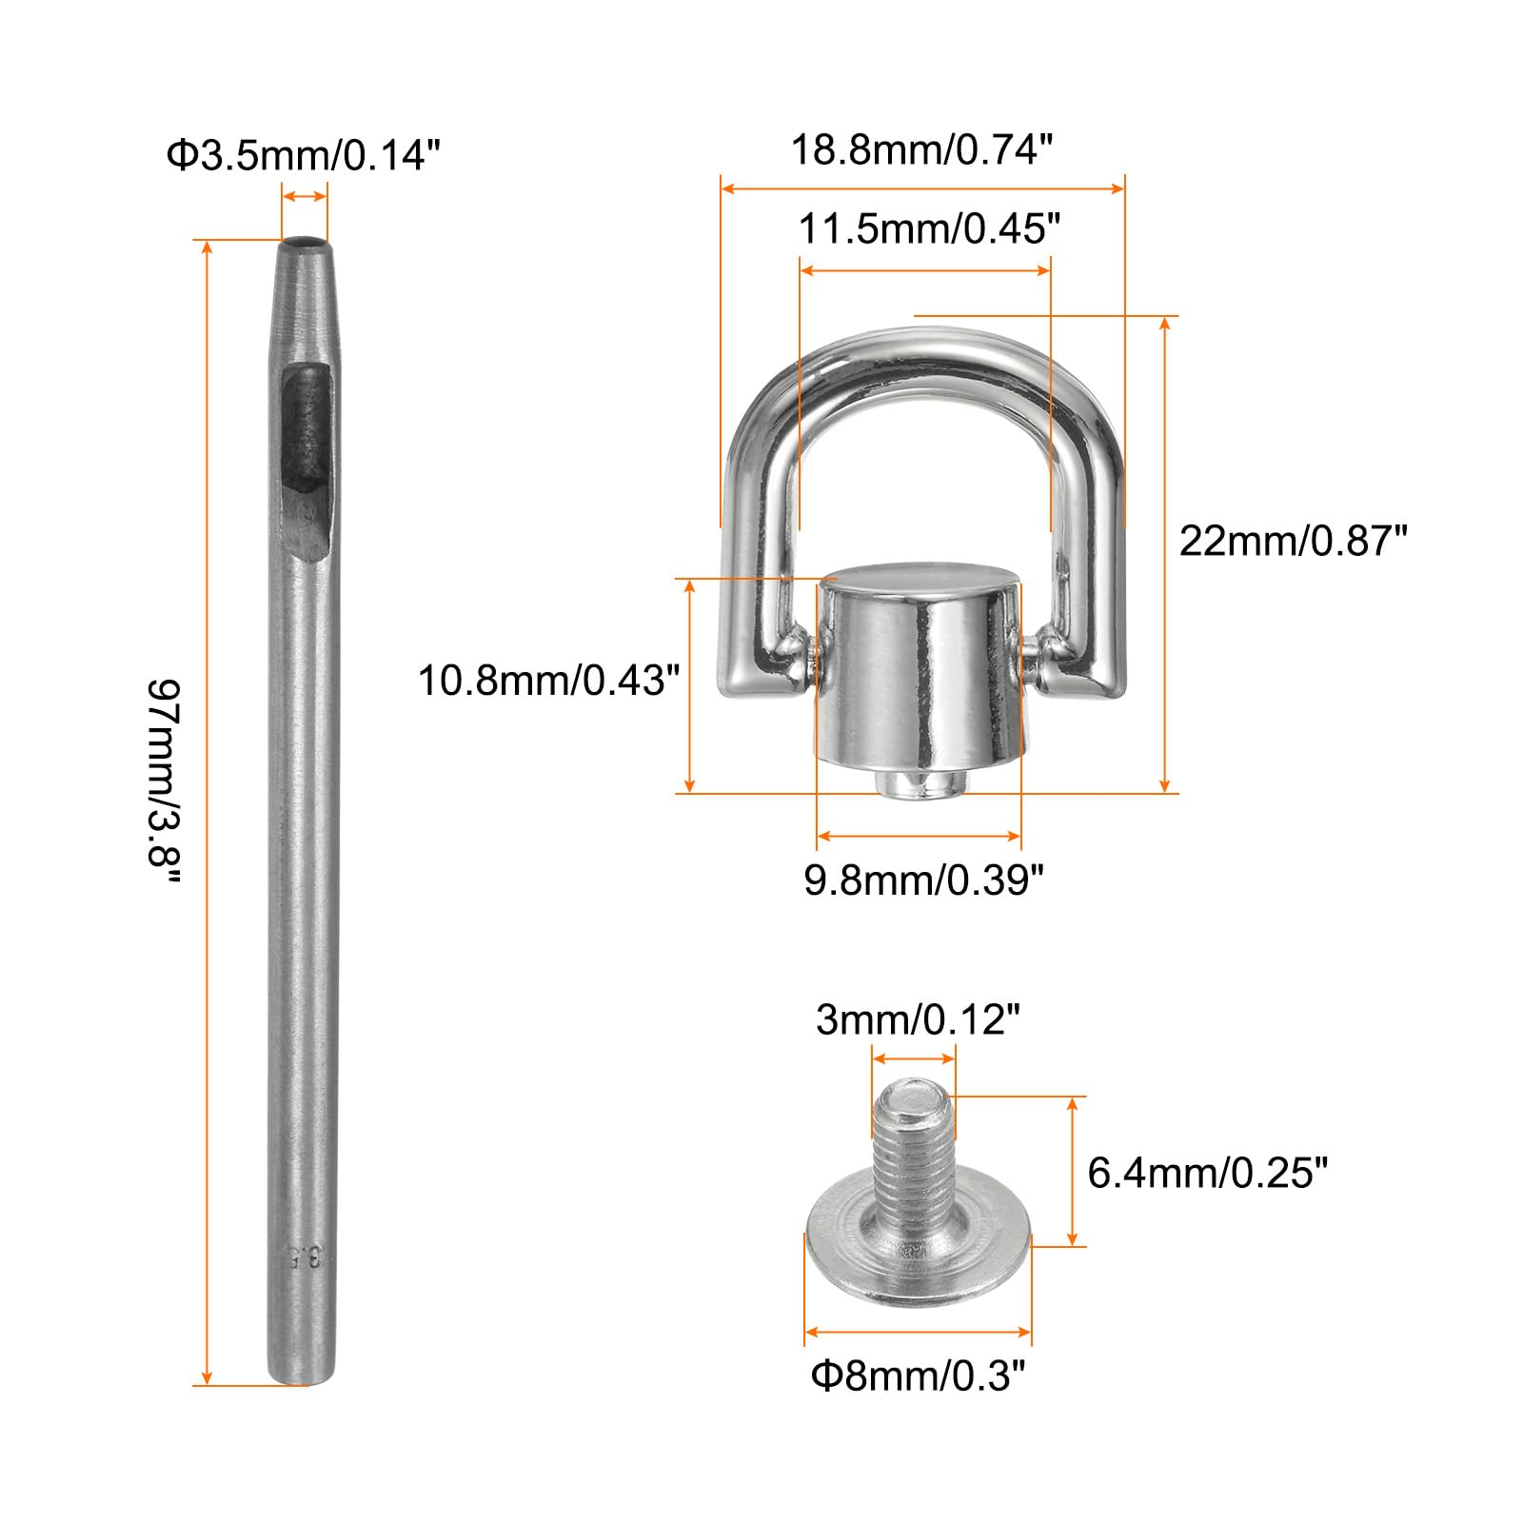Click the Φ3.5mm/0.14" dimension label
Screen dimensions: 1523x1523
303,155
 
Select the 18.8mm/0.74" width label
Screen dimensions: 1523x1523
921,149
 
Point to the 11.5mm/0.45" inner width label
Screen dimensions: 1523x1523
928,229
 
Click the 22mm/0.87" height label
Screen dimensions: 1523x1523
1292,541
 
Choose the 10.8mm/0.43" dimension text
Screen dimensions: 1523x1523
549,681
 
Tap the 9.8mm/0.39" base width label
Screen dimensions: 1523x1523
923,880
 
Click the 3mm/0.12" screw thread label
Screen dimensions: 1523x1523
918,1020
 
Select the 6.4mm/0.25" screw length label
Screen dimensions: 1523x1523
1206,1173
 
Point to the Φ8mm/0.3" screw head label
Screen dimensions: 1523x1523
918,1376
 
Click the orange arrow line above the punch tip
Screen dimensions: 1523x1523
305,197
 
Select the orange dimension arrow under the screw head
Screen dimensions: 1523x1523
918,1332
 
